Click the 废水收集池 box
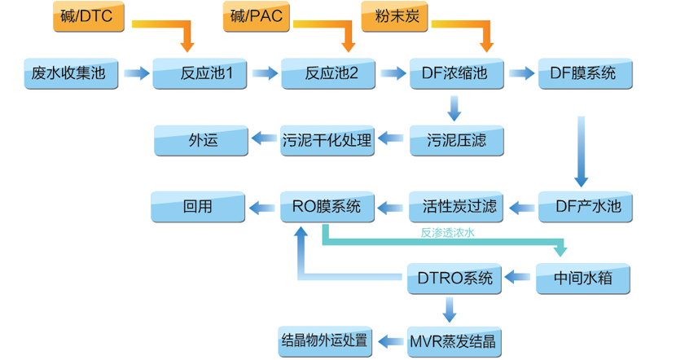(x=70, y=74)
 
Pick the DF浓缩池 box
(x=455, y=74)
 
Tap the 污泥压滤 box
(x=455, y=140)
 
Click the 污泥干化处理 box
(x=327, y=140)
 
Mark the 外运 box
(x=199, y=140)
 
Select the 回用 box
(x=198, y=207)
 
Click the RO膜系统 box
(x=327, y=207)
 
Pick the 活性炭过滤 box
(x=455, y=207)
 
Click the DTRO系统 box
(x=455, y=279)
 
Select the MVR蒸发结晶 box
(x=455, y=339)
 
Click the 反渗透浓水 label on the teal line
(x=447, y=233)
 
